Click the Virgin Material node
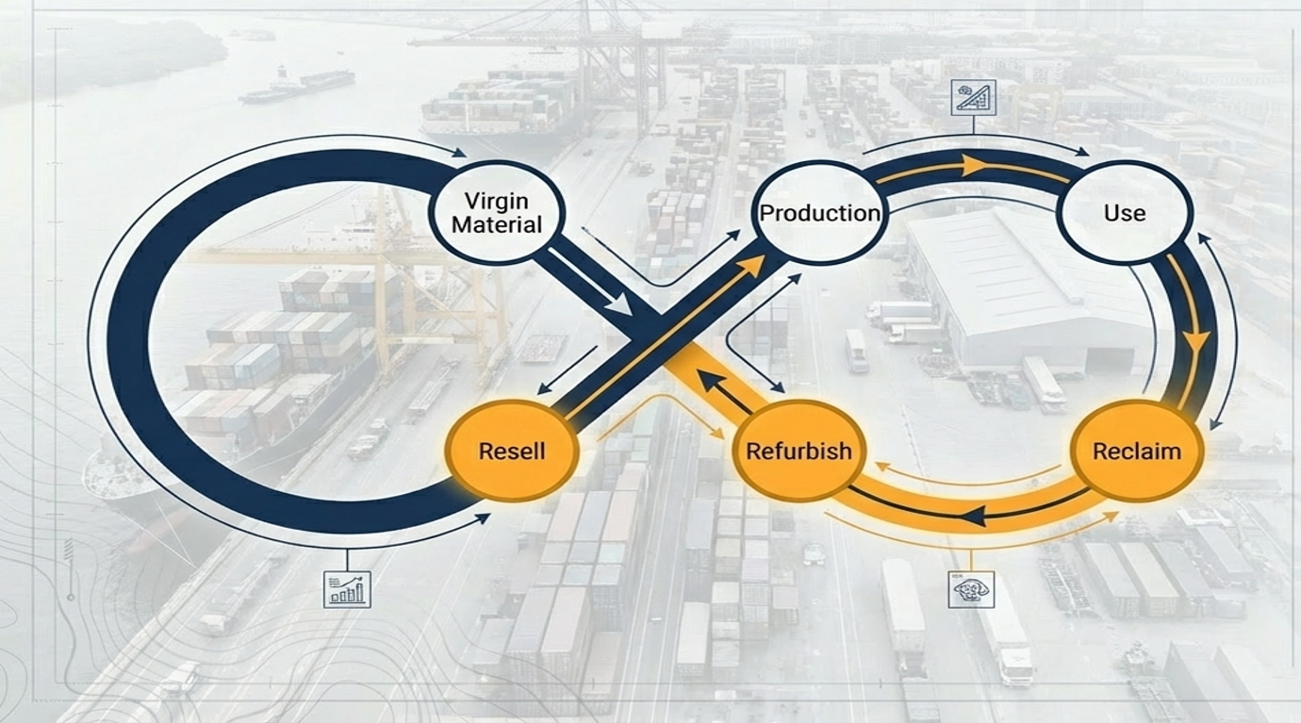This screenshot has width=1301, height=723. (x=496, y=212)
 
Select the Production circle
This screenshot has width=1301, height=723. (x=819, y=212)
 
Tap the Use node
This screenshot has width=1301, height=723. (x=1124, y=212)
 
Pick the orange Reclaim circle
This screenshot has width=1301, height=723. (x=1136, y=451)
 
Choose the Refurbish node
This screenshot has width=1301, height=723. (x=799, y=451)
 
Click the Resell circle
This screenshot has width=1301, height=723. (x=512, y=451)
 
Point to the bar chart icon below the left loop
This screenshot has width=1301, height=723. (x=347, y=589)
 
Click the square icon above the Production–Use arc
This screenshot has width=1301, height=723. (x=974, y=97)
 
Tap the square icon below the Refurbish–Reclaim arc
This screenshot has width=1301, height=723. (x=971, y=589)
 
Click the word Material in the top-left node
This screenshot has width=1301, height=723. (x=496, y=224)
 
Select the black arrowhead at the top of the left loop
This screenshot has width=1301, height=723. (x=459, y=153)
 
